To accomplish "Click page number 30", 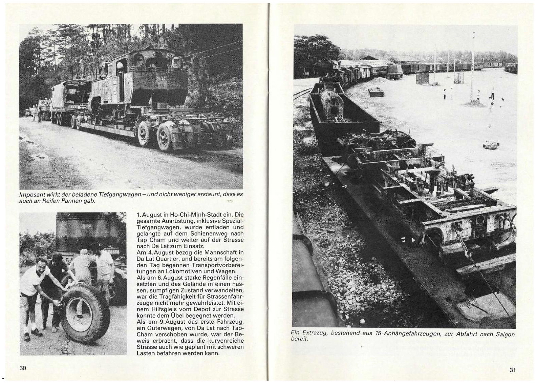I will [23, 368].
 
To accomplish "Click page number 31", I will [512, 370].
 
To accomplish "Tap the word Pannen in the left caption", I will [77, 201].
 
